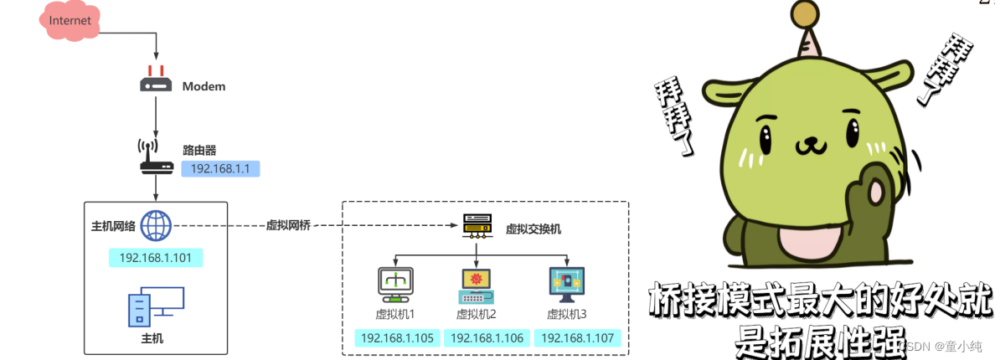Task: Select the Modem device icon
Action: coord(156,81)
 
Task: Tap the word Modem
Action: coord(204,86)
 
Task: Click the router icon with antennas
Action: coord(156,157)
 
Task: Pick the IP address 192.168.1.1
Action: coord(220,168)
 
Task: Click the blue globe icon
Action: coord(157,225)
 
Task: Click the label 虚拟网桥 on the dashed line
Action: coord(287,226)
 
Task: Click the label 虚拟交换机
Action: coord(533,229)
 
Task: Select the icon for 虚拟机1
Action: coord(395,285)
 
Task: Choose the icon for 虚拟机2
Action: coord(476,285)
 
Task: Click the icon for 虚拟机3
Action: coord(566,285)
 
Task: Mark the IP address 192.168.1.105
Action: coord(397,338)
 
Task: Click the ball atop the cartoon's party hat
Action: coord(804,13)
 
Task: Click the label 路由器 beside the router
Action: coord(199,151)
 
